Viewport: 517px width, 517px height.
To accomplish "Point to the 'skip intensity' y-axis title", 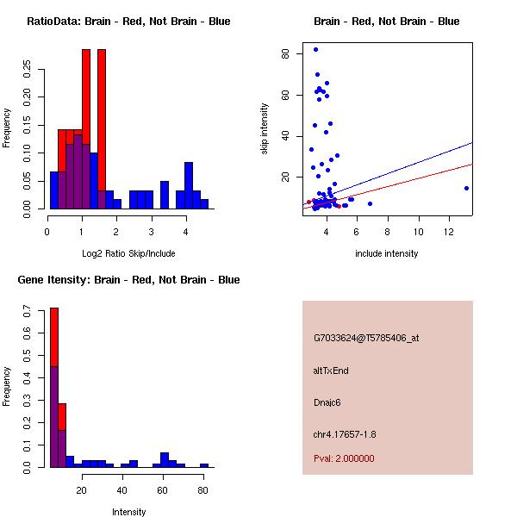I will point(265,129).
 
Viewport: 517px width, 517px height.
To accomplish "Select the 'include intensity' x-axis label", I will point(386,252).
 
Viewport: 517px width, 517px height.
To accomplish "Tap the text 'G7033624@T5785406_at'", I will point(366,339).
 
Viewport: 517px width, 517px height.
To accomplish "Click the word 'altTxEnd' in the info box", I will point(331,371).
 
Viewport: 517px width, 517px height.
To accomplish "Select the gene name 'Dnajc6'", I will point(328,402).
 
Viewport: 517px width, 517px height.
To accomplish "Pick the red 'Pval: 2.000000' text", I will point(344,458).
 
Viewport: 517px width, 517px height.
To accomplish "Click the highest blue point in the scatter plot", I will point(315,50).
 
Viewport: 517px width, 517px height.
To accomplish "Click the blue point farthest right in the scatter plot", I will point(466,188).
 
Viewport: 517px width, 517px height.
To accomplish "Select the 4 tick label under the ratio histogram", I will point(185,232).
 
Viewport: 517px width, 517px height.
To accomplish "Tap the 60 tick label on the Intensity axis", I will point(163,491).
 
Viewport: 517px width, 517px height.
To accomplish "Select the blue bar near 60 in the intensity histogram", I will point(164,459).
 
